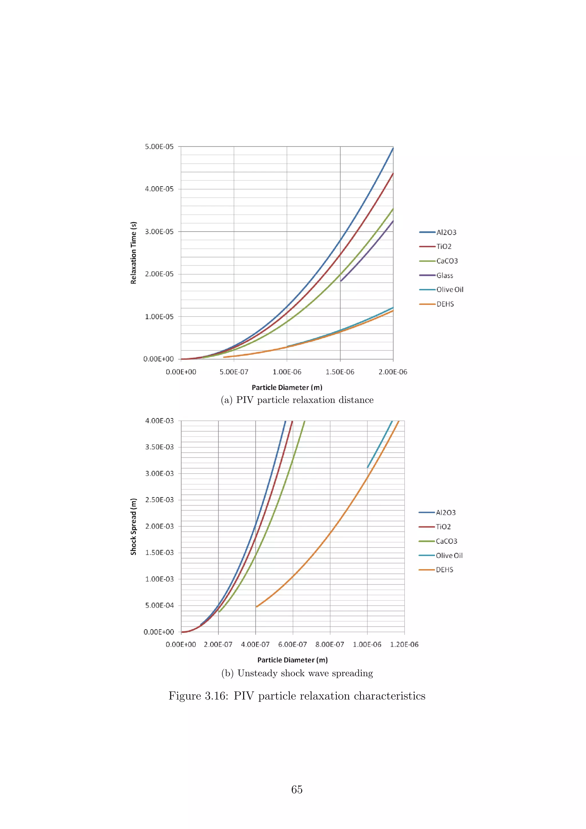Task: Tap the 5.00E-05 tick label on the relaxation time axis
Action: click(x=159, y=146)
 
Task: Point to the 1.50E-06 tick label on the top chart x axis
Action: click(x=340, y=372)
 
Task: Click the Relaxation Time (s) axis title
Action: click(x=134, y=253)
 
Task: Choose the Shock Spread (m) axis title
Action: click(x=134, y=526)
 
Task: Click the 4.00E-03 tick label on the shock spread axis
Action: click(x=159, y=421)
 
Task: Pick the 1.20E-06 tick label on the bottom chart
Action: click(x=404, y=644)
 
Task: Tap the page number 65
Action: click(x=297, y=790)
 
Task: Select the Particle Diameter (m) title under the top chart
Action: click(x=287, y=387)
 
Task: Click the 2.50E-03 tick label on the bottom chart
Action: click(x=159, y=500)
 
